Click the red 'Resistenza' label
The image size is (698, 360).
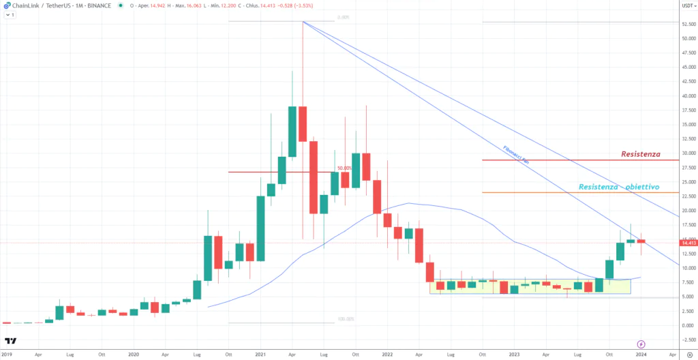click(x=640, y=154)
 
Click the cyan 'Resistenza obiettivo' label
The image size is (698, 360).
click(x=618, y=187)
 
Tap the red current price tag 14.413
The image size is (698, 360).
click(x=688, y=243)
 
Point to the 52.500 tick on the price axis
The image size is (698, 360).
click(x=688, y=24)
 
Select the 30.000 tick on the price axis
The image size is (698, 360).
click(x=688, y=153)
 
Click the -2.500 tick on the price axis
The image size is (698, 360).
click(x=688, y=340)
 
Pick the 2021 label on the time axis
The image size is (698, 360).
click(x=260, y=355)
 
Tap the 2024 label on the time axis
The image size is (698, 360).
click(x=641, y=355)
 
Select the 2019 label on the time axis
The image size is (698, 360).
click(x=7, y=355)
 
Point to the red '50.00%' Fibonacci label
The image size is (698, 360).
click(x=344, y=168)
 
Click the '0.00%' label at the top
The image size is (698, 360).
click(x=344, y=18)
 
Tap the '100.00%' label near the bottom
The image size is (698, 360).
click(x=346, y=318)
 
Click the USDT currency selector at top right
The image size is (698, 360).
click(x=686, y=5)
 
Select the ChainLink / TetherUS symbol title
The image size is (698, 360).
click(x=40, y=5)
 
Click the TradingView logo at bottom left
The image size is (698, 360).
click(x=10, y=341)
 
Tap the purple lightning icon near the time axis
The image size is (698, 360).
click(x=641, y=343)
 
